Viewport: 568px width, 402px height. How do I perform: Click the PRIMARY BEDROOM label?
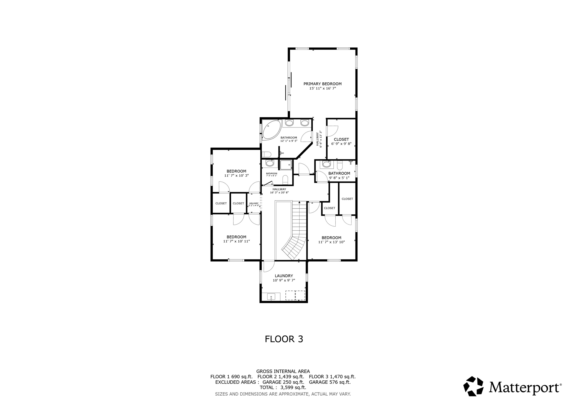[x=322, y=84]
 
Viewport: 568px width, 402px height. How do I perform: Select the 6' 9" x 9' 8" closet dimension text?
[x=341, y=144]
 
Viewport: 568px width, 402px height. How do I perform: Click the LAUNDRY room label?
[x=284, y=276]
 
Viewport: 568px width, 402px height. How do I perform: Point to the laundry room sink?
[x=271, y=297]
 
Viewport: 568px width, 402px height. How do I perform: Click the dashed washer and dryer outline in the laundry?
[x=295, y=295]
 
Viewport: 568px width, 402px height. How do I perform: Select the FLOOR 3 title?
[x=284, y=339]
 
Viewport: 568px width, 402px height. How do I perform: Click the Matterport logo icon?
[x=473, y=386]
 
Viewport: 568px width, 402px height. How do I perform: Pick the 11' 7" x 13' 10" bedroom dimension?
[x=331, y=242]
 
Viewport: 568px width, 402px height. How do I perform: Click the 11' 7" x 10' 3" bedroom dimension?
[x=236, y=175]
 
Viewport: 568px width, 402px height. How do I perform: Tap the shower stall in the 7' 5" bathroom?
[x=285, y=165]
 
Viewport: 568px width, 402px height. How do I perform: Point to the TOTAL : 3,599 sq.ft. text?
[x=283, y=388]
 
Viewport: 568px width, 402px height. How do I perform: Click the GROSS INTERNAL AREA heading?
[x=283, y=371]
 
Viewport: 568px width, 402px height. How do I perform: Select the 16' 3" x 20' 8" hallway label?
[x=279, y=192]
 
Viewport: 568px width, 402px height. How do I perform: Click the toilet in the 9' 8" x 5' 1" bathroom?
[x=340, y=166]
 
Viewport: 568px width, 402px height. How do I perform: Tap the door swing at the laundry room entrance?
[x=268, y=266]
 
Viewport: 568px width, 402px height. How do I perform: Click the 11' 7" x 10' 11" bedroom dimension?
[x=236, y=241]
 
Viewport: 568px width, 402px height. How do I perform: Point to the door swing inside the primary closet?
[x=332, y=131]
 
